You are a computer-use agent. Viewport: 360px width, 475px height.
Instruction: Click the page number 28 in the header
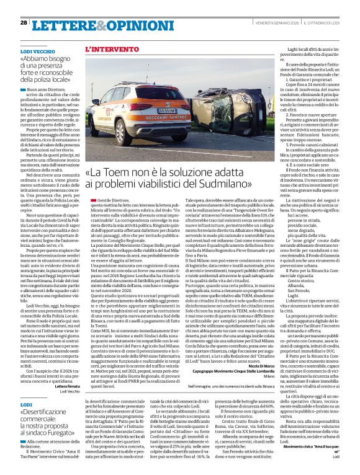tap(23, 22)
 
